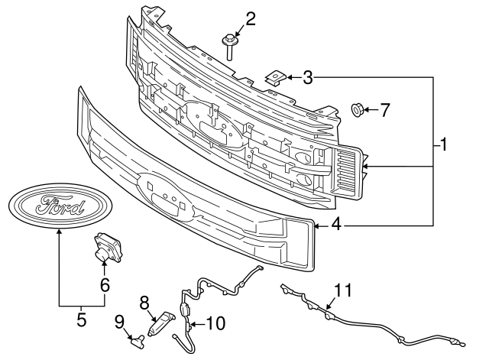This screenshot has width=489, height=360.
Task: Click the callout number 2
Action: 251,19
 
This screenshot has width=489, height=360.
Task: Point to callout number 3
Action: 307,77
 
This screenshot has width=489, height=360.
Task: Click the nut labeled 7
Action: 357,110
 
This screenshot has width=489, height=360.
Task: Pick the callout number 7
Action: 385,110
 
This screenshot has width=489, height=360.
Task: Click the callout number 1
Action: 443,144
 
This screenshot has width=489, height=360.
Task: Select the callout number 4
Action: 336,224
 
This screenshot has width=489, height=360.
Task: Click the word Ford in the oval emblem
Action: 60,205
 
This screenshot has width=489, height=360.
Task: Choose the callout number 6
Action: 105,284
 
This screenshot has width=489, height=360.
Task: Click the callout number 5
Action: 81,319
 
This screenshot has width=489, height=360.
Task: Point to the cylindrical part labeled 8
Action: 161,323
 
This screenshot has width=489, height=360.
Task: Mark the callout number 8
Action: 144,302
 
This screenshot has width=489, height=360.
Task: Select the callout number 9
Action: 119,322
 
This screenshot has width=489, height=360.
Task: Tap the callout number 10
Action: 215,323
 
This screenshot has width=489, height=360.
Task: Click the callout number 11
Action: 343,290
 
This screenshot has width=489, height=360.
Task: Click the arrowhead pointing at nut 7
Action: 366,110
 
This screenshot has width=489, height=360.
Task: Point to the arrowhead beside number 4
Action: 317,225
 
